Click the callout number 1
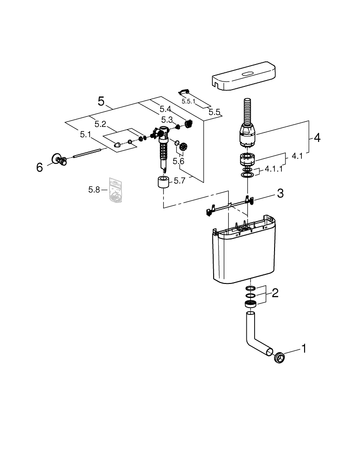[304, 349]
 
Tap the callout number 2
[275, 293]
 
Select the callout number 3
[280, 193]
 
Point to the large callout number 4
[317, 137]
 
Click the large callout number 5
[101, 101]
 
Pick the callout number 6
[40, 167]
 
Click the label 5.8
[94, 189]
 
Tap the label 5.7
[180, 181]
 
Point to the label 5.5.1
[188, 101]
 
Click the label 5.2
[100, 124]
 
